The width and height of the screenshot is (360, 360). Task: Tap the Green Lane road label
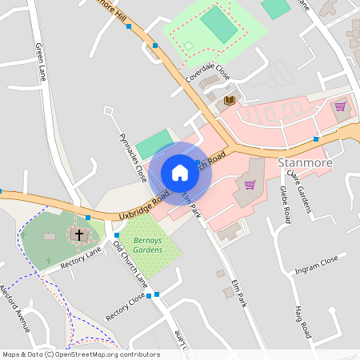click(x=41, y=62)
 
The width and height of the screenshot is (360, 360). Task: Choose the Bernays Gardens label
click(x=150, y=245)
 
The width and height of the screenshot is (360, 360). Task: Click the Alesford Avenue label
click(x=15, y=309)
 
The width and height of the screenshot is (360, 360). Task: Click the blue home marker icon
click(x=180, y=173)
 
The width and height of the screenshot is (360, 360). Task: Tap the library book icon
click(x=230, y=100)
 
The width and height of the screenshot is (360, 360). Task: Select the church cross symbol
click(x=79, y=235)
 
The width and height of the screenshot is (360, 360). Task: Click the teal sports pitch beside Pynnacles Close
click(x=154, y=144)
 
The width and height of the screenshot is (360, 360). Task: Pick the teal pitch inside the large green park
click(x=219, y=26)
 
